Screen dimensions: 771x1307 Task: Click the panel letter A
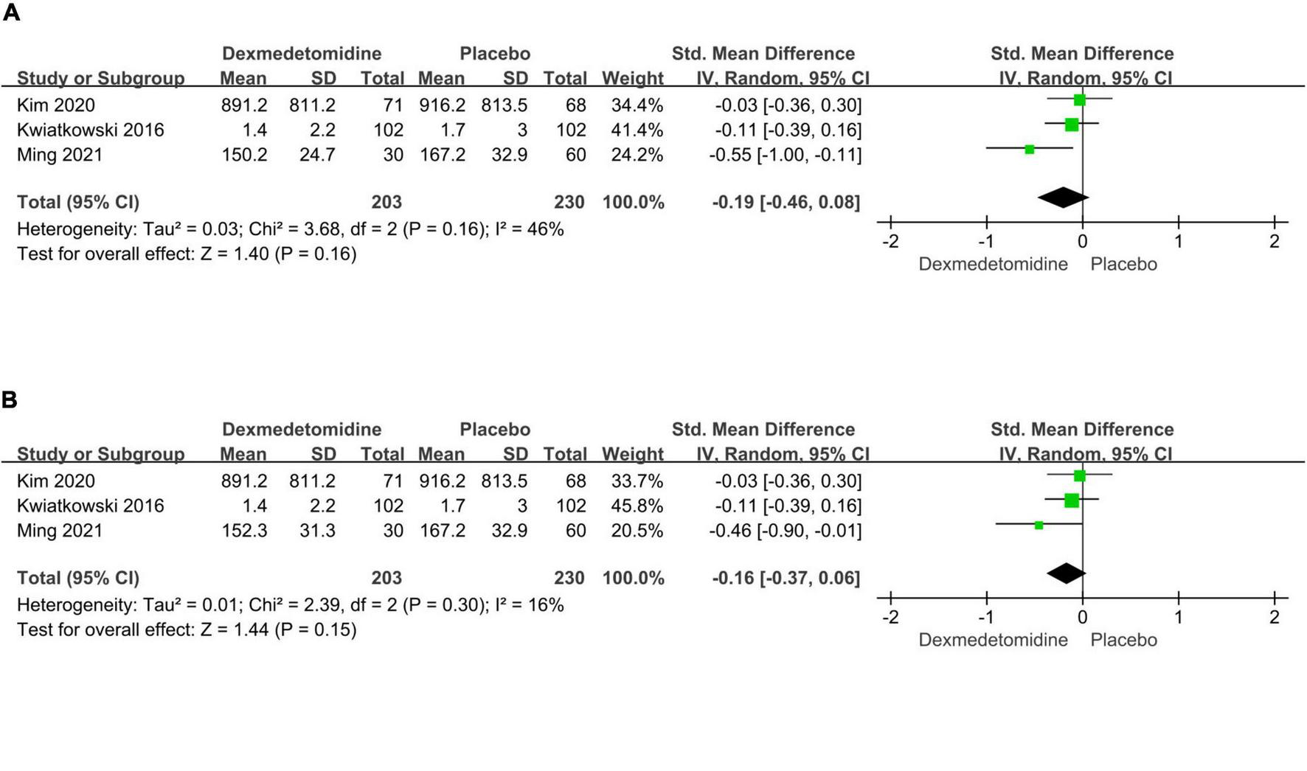pyautogui.click(x=10, y=13)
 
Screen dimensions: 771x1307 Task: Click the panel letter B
pyautogui.click(x=10, y=400)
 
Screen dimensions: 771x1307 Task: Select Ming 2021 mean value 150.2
pyautogui.click(x=244, y=155)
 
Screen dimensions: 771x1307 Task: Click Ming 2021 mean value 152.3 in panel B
pyautogui.click(x=244, y=531)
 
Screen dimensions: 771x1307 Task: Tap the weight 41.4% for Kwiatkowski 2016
pyautogui.click(x=637, y=130)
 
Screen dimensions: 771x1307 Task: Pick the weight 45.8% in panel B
pyautogui.click(x=637, y=506)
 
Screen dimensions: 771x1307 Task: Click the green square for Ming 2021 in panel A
pyautogui.click(x=1030, y=150)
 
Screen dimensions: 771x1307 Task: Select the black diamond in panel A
pyautogui.click(x=1063, y=198)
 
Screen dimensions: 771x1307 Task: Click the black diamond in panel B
pyautogui.click(x=1066, y=573)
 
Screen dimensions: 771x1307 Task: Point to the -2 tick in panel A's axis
pyautogui.click(x=890, y=241)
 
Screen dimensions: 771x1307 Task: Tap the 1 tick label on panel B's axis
pyautogui.click(x=1179, y=617)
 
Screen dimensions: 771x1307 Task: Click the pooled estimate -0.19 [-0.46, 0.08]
pyautogui.click(x=786, y=202)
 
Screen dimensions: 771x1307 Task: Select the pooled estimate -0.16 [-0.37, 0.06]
pyautogui.click(x=786, y=578)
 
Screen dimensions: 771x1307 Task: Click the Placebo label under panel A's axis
pyautogui.click(x=1123, y=265)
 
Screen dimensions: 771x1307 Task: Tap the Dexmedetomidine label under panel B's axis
pyautogui.click(x=993, y=641)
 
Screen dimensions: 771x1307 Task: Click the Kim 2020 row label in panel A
pyautogui.click(x=56, y=105)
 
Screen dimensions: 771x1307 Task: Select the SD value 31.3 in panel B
pyautogui.click(x=317, y=531)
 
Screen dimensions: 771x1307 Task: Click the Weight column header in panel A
pyautogui.click(x=632, y=78)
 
